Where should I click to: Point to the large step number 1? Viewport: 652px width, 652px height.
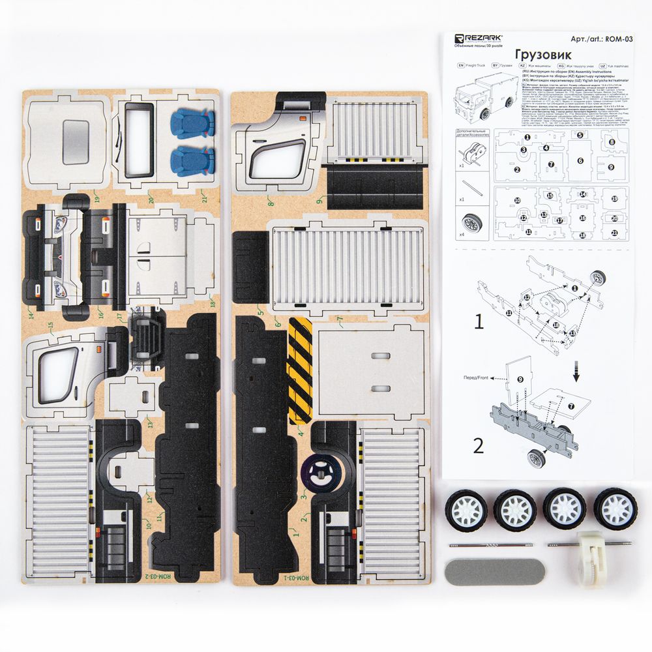pos(479,321)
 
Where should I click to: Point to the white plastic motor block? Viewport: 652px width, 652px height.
pos(592,559)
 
